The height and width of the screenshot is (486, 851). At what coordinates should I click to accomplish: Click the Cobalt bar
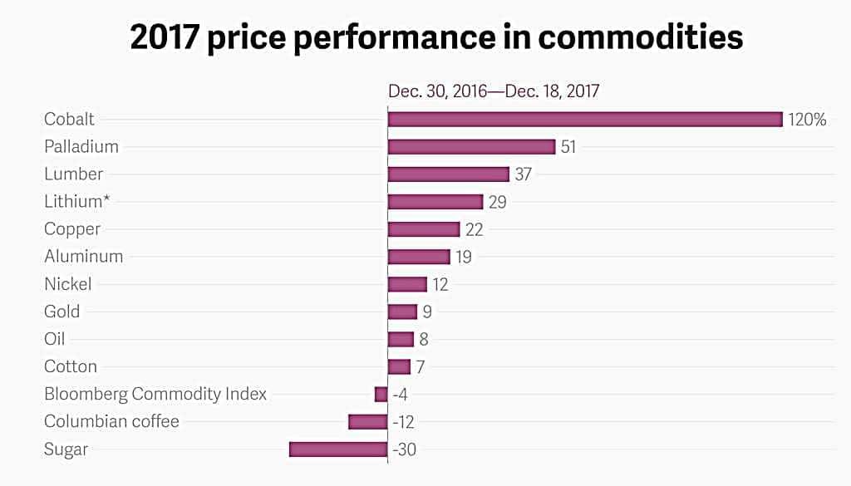tap(585, 120)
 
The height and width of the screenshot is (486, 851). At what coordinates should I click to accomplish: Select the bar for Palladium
tap(471, 147)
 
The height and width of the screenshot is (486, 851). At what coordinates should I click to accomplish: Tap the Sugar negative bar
tap(338, 449)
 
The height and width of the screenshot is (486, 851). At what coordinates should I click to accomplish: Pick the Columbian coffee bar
tap(367, 422)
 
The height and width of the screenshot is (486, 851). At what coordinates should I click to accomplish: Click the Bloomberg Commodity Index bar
tap(381, 395)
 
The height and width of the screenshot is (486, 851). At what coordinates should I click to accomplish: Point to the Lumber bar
tap(448, 174)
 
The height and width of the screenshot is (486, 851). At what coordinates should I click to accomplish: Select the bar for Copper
tap(424, 229)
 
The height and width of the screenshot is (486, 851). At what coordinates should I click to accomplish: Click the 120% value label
tap(807, 120)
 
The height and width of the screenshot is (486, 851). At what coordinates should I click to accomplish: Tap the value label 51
tap(568, 147)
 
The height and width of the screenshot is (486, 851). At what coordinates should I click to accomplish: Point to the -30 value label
tap(404, 449)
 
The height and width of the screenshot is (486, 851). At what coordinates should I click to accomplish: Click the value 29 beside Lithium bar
tap(497, 202)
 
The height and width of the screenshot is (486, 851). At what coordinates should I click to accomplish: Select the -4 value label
tap(400, 395)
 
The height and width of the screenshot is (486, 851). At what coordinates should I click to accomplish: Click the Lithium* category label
tap(79, 202)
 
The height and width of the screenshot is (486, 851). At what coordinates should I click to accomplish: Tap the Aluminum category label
tap(83, 257)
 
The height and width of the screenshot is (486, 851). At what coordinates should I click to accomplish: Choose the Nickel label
tap(68, 284)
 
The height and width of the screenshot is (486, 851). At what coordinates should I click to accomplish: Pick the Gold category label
tap(62, 312)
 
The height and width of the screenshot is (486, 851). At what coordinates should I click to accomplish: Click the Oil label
tap(55, 339)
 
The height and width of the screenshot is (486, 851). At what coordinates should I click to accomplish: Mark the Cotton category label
tap(71, 366)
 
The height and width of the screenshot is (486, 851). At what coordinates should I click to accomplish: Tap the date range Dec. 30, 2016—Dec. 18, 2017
tap(494, 91)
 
